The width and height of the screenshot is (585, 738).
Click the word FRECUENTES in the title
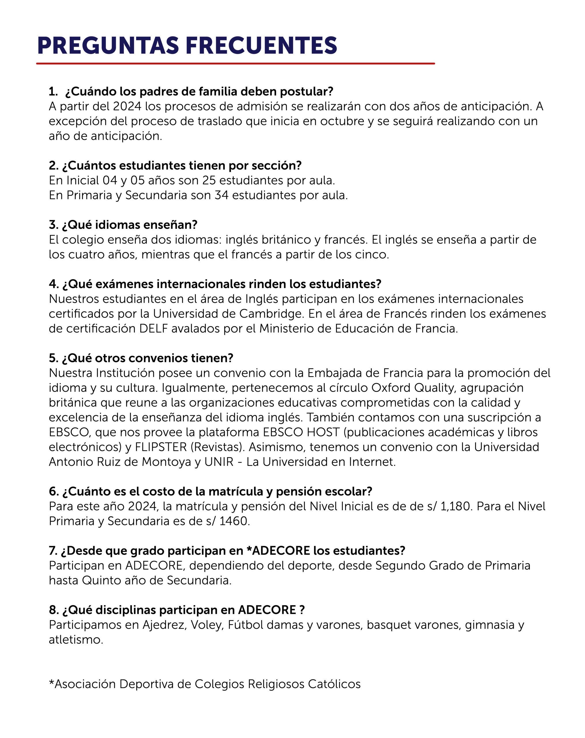click(x=261, y=46)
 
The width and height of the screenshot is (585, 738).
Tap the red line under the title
click(x=235, y=63)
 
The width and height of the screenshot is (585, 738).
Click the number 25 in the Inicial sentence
click(x=209, y=180)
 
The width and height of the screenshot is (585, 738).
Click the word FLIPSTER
click(x=161, y=447)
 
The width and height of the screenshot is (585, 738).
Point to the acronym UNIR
click(x=219, y=462)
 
